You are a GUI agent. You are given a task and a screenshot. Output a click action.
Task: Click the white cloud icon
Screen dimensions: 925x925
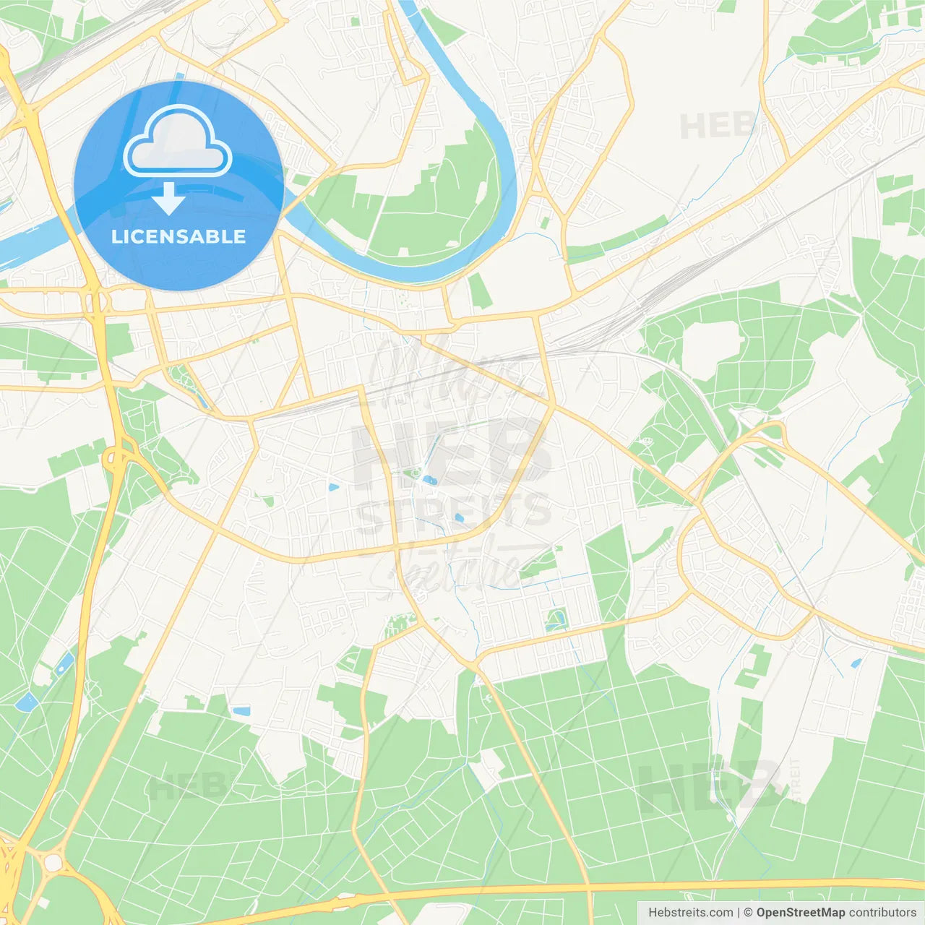178,141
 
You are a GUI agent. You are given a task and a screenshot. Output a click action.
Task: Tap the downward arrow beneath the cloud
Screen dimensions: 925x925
168,198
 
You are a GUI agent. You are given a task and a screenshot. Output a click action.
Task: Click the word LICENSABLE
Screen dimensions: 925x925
178,236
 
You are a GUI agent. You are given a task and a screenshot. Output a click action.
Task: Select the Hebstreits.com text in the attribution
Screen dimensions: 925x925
690,913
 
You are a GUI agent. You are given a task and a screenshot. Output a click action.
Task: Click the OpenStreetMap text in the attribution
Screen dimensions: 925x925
801,913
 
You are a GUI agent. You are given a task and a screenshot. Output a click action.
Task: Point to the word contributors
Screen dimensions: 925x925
882,913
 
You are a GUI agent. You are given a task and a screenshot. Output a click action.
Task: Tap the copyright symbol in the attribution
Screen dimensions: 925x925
748,913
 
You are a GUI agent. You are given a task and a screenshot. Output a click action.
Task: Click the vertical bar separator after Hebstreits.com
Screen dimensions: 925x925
739,913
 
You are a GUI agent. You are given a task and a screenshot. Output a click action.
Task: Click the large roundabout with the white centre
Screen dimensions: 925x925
52,862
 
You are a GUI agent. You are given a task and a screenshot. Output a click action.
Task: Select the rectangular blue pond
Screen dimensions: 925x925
241,711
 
